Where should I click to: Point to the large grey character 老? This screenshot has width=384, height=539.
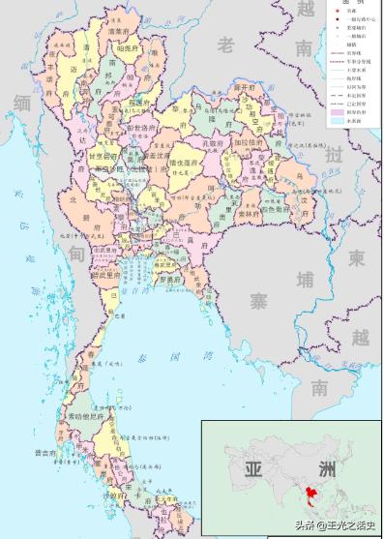(226, 45)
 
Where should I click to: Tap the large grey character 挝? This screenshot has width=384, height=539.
(335, 155)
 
